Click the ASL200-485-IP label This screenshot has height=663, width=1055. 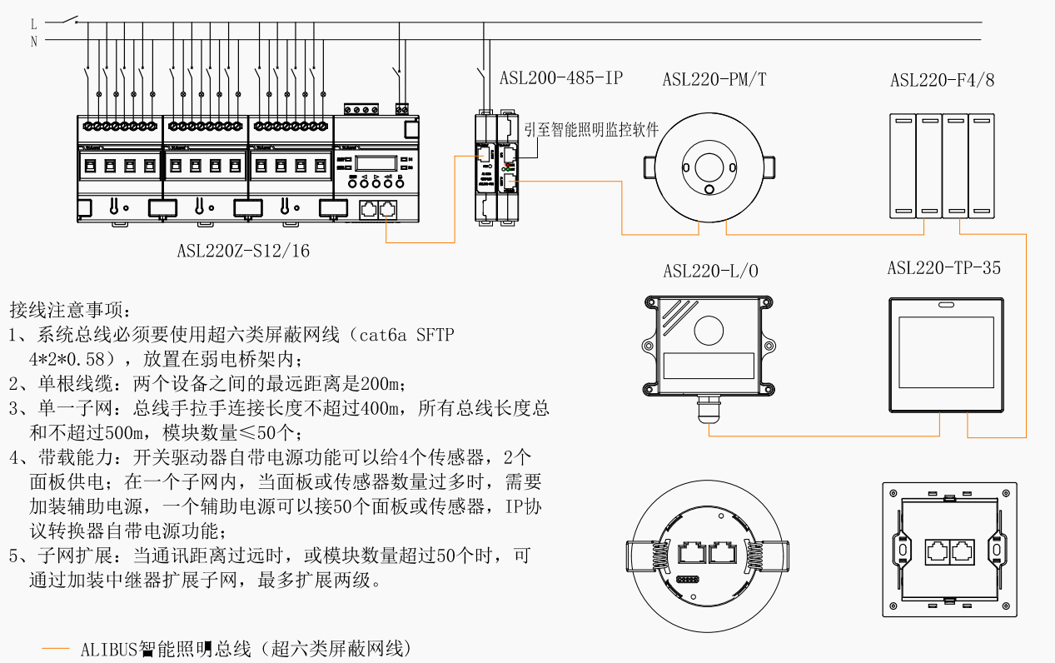tap(560, 79)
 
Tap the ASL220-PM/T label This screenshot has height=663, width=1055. tap(714, 80)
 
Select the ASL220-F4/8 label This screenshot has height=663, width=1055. tap(942, 80)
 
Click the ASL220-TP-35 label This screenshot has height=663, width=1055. tap(943, 268)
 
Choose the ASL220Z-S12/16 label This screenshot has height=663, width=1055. tap(243, 251)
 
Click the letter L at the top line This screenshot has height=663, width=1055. tap(34, 24)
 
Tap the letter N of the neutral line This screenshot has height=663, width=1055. tap(34, 42)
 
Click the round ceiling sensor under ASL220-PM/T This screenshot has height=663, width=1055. tap(707, 167)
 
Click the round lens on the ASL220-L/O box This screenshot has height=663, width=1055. tap(709, 331)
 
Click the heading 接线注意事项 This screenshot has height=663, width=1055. tap(69, 312)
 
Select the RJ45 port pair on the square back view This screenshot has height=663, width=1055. tap(950, 551)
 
